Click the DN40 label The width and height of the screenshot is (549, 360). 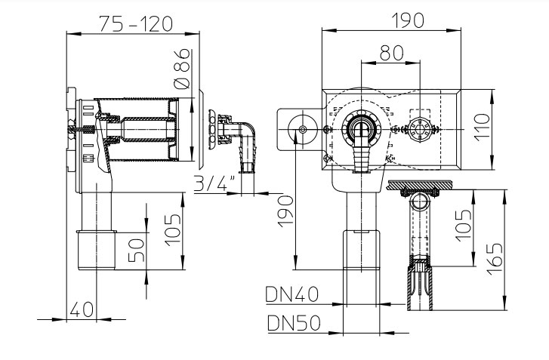pyautogui.click(x=291, y=294)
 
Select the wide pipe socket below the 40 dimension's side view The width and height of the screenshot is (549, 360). pyautogui.click(x=95, y=249)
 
